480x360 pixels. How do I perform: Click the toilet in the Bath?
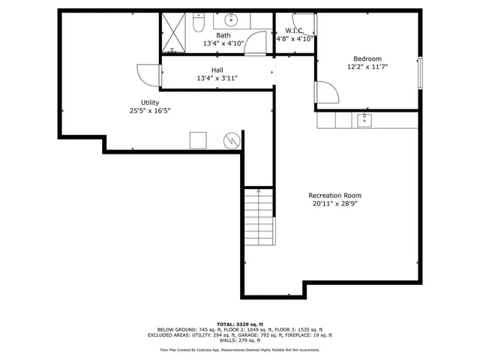[197, 25]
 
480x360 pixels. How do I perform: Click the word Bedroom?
[367, 58]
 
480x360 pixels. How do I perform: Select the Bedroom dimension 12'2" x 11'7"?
[367, 67]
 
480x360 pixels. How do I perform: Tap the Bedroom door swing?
[325, 93]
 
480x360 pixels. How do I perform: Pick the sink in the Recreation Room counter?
[364, 120]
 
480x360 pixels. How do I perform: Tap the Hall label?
[217, 70]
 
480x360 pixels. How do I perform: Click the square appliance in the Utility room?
[198, 139]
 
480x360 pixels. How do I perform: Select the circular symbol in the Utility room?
[232, 139]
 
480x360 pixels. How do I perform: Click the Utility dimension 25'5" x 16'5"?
[150, 111]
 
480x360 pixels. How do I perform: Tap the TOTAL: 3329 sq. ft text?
[239, 323]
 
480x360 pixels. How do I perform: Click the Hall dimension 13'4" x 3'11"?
[217, 78]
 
